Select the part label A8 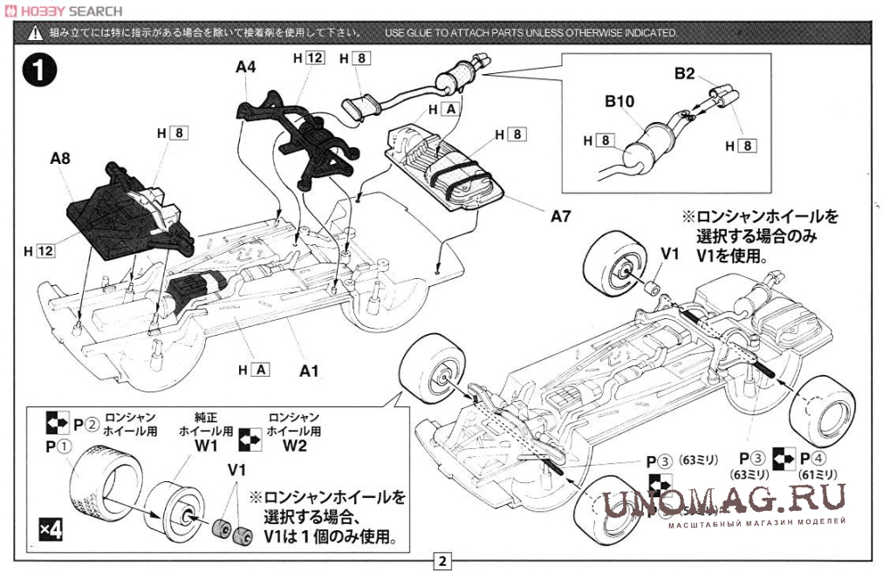(60, 159)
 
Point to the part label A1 (308, 371)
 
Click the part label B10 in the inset (620, 102)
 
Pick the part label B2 (684, 74)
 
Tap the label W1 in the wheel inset (206, 446)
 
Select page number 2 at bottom (443, 561)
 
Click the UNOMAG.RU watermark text (724, 499)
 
